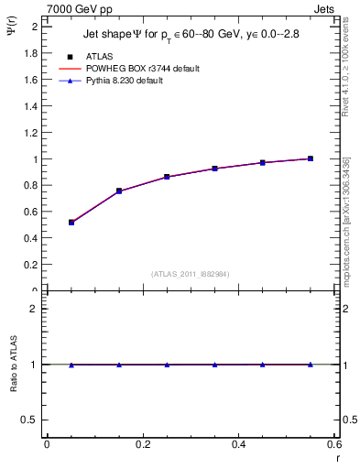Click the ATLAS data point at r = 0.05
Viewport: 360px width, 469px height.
point(71,222)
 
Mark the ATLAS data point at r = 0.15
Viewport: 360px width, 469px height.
point(119,191)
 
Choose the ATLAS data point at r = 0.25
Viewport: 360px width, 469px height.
point(167,176)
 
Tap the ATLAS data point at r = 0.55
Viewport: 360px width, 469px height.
point(311,158)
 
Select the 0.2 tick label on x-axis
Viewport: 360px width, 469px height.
point(143,444)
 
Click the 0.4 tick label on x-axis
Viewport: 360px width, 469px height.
point(238,444)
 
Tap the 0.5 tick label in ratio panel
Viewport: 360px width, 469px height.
point(31,420)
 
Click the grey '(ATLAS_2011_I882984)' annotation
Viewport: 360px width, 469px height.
point(191,274)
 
